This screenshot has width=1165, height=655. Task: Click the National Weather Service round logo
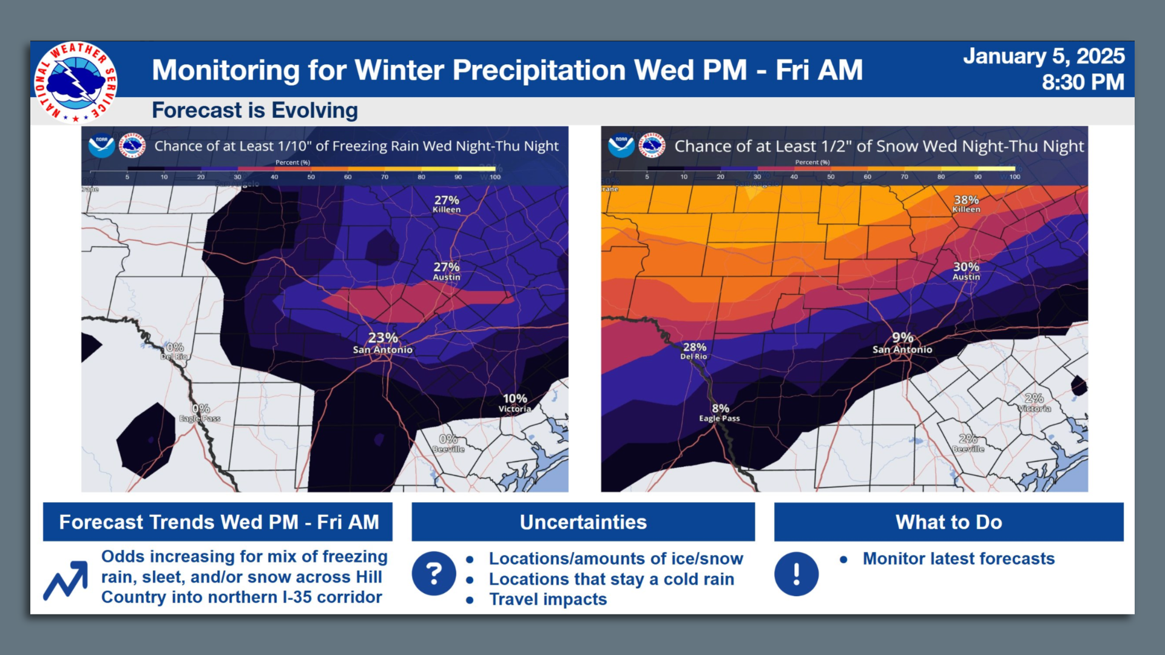75,82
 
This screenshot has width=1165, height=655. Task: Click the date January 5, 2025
1044,56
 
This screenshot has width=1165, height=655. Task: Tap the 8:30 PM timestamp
1082,82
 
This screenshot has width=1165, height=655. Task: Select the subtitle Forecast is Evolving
255,110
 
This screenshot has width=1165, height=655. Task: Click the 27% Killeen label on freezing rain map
447,204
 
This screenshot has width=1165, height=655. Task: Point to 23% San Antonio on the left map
383,343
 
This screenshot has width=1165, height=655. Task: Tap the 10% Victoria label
515,403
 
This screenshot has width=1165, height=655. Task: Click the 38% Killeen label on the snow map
966,204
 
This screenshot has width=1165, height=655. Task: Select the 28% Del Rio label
694,351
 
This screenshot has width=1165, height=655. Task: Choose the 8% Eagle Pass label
720,412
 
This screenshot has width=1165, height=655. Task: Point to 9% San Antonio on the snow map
902,343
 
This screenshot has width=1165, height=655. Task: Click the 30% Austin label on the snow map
966,270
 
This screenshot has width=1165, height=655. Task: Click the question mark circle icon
434,573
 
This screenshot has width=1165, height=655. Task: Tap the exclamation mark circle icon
796,573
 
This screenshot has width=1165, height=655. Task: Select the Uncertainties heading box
583,522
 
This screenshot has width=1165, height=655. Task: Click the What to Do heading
948,522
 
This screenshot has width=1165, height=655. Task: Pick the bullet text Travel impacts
548,599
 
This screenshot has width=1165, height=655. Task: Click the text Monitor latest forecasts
959,559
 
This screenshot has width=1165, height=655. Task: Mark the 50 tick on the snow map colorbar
831,176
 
